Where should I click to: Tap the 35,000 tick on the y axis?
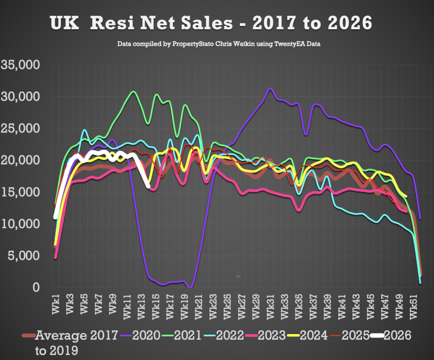point(20,65)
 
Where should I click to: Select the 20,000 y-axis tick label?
point(20,161)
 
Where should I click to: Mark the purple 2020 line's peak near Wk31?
point(271,88)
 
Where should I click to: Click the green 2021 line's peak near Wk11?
point(133,91)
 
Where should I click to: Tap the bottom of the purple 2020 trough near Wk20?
point(190,287)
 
